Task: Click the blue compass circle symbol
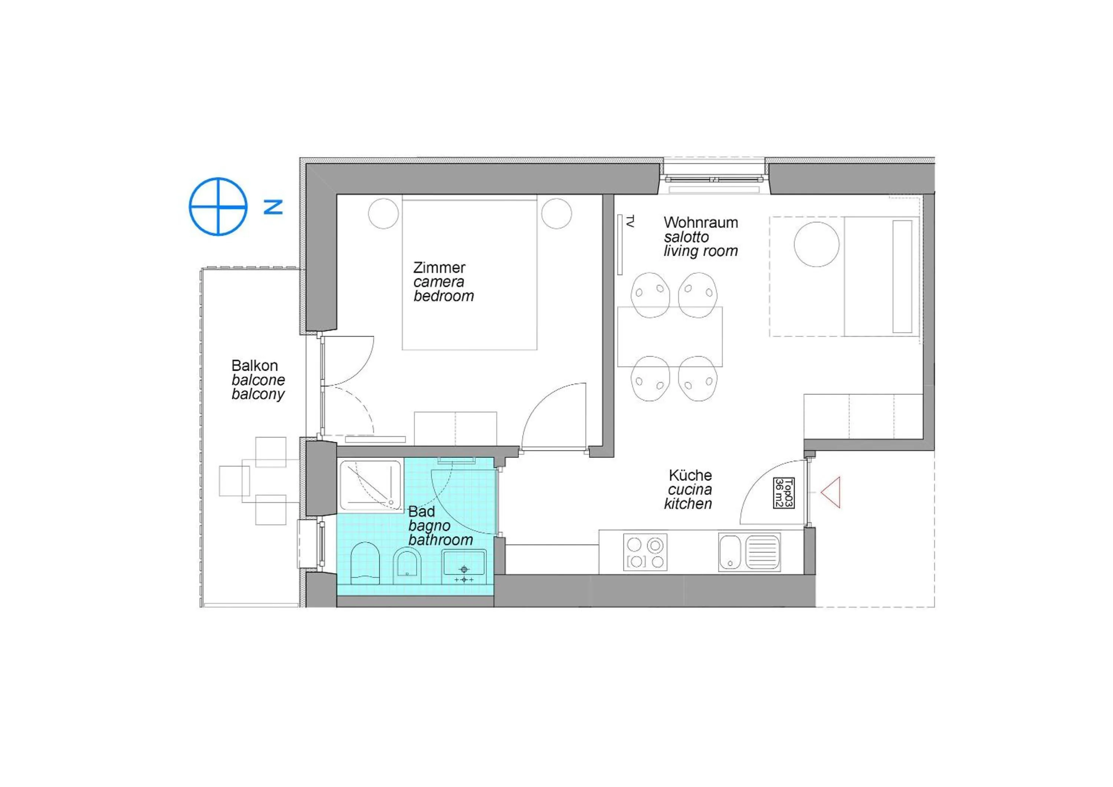(218, 207)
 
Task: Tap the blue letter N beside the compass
(273, 207)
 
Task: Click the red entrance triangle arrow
(831, 493)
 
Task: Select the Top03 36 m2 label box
(783, 493)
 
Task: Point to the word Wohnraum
(700, 223)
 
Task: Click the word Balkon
(255, 365)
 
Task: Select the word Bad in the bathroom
(421, 511)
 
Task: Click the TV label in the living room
(630, 222)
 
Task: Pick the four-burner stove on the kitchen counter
(645, 552)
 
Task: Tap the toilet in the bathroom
(365, 562)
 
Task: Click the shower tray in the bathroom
(370, 485)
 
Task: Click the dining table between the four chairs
(669, 336)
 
